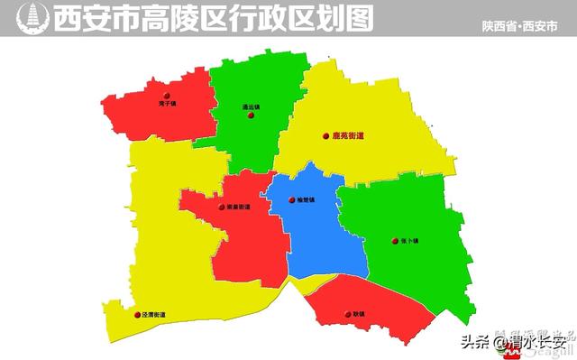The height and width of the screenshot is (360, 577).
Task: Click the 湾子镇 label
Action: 165,104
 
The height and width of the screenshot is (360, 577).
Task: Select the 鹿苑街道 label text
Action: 348,136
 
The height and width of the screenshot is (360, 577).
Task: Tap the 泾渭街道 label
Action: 154,315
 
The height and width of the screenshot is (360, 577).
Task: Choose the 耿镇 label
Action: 359,314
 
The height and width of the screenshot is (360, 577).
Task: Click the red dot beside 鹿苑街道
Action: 326,136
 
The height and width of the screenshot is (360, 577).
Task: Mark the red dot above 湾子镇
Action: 165,95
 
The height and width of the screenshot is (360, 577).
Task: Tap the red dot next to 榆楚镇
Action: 291,200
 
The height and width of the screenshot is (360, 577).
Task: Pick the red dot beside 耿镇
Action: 347,314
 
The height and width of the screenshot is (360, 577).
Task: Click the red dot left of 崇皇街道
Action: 222,207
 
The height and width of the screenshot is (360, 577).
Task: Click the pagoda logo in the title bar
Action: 32,17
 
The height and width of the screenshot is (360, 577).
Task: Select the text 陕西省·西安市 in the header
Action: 519,26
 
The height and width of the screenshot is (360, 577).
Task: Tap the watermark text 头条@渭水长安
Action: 514,342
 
